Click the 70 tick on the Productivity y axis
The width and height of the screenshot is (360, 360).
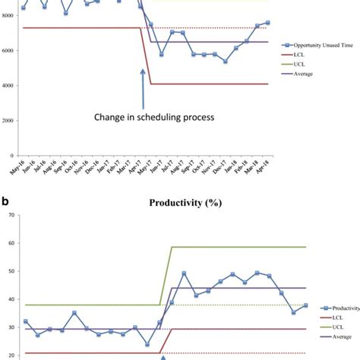12,216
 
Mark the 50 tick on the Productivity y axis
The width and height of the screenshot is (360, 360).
12,272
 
